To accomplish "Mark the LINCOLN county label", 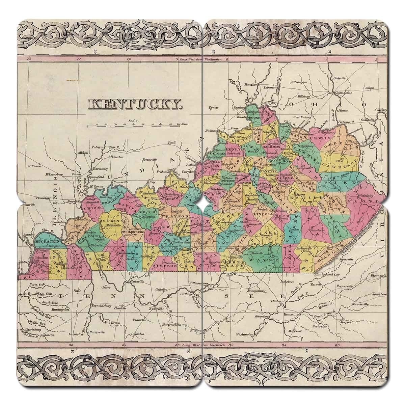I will tap(264, 214).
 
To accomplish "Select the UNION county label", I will tap(94, 208).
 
